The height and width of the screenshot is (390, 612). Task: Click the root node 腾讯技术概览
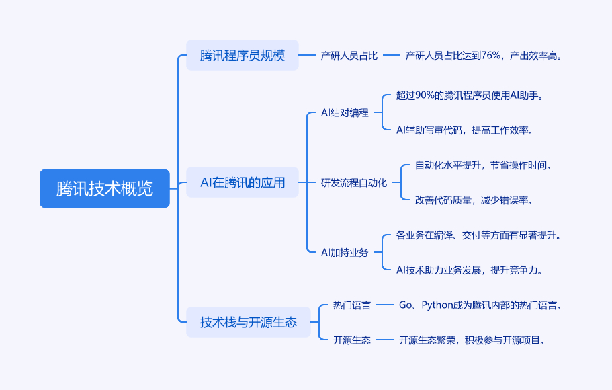pos(105,189)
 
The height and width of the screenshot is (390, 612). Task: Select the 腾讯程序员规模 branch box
pos(243,56)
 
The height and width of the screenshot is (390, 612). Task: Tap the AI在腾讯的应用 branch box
pos(243,182)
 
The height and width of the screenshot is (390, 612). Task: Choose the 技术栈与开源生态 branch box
pos(249,322)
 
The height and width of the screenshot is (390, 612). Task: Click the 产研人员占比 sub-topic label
pos(349,56)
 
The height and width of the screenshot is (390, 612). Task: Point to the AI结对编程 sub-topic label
pos(345,112)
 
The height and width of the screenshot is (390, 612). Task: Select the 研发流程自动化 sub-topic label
pos(354,182)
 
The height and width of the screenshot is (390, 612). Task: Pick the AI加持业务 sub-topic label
pos(345,252)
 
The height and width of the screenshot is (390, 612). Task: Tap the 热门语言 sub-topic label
pos(351,305)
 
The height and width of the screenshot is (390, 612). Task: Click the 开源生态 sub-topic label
pos(351,340)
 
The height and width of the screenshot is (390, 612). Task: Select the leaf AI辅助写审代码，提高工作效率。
pos(465,130)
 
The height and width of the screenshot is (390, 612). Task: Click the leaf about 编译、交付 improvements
pos(478,235)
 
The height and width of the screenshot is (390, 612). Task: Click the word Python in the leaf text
pos(437,305)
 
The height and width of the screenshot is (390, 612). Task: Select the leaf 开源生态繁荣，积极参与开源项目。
pos(472,340)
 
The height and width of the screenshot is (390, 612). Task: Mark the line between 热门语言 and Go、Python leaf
pos(384,305)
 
